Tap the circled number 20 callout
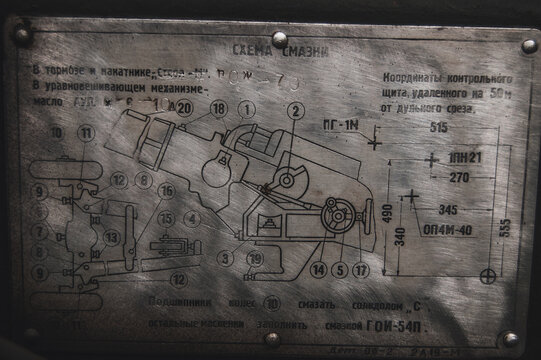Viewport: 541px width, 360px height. [184, 110]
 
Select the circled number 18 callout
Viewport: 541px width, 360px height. [218, 110]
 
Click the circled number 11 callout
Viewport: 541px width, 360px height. [87, 132]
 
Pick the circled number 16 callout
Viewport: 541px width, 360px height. [166, 190]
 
